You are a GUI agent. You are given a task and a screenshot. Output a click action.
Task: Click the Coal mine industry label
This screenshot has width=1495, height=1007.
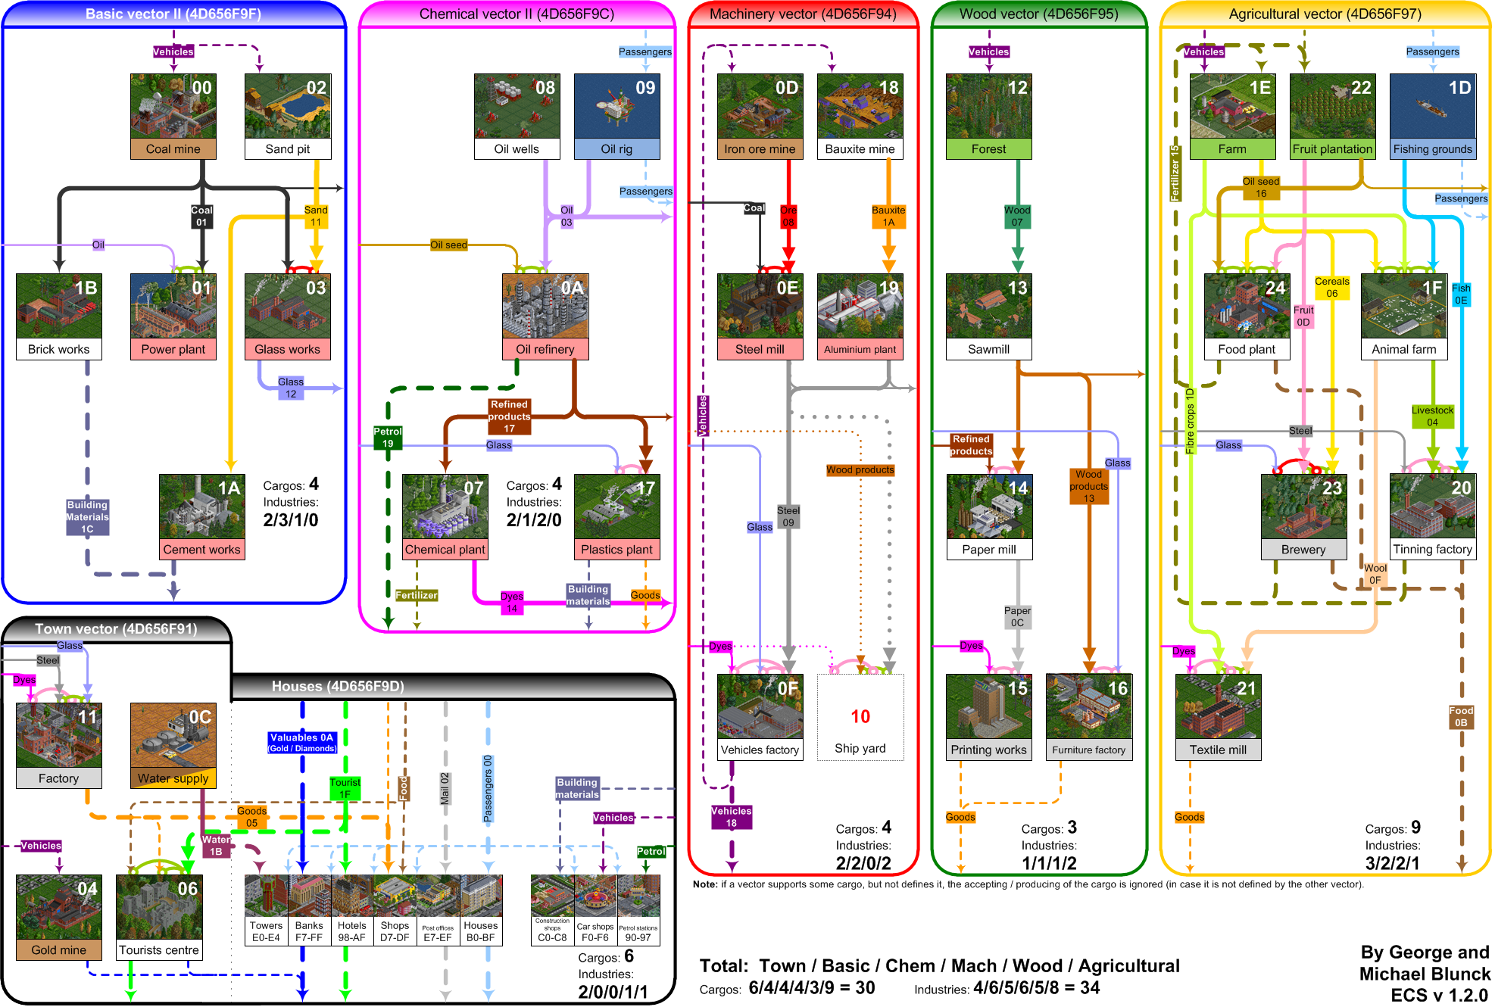[173, 149]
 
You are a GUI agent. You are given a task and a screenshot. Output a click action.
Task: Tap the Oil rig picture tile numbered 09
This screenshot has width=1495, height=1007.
[616, 106]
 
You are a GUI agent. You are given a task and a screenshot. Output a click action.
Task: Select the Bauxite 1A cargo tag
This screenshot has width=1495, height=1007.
[888, 217]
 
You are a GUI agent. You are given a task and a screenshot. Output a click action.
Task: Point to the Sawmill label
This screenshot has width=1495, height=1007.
[988, 349]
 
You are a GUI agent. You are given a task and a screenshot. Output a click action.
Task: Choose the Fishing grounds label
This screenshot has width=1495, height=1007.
[1432, 149]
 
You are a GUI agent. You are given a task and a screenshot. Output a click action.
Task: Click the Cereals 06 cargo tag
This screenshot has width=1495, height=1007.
[1331, 288]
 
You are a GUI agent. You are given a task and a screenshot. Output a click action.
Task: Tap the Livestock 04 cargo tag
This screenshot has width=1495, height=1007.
[1432, 416]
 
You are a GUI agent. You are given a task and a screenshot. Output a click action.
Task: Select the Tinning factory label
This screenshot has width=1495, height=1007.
[1432, 550]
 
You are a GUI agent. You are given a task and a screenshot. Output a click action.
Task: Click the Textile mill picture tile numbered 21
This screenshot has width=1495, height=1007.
[1218, 706]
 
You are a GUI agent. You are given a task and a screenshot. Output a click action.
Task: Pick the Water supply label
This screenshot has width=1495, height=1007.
[173, 778]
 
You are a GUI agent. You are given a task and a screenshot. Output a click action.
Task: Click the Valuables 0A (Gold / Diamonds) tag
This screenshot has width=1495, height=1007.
[301, 742]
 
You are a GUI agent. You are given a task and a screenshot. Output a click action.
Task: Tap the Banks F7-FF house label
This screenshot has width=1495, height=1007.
[309, 931]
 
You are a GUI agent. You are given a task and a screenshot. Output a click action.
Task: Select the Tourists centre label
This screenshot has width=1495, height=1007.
[159, 950]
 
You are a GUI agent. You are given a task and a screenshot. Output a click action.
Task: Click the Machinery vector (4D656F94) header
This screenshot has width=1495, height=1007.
[803, 14]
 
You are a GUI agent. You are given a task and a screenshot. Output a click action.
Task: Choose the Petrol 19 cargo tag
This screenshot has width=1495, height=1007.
[388, 438]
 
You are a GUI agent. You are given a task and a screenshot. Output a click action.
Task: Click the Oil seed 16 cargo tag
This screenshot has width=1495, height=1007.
[1261, 188]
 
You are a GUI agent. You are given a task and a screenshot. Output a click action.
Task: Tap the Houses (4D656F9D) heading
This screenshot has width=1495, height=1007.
[338, 687]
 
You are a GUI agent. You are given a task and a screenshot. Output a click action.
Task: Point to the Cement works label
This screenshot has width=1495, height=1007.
[201, 550]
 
